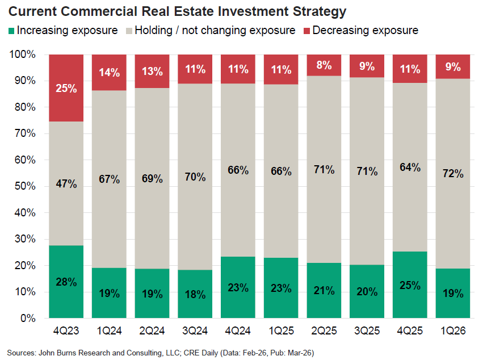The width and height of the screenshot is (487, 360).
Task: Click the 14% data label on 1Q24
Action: coord(110,72)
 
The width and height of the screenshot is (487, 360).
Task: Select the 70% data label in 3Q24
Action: coord(195,177)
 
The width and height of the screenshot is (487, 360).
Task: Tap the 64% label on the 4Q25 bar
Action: coord(410,168)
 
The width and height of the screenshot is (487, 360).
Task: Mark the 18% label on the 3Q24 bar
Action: coord(195,294)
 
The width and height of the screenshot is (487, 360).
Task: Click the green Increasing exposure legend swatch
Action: coord(11,30)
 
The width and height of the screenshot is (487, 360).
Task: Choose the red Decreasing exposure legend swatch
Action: coord(306,30)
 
